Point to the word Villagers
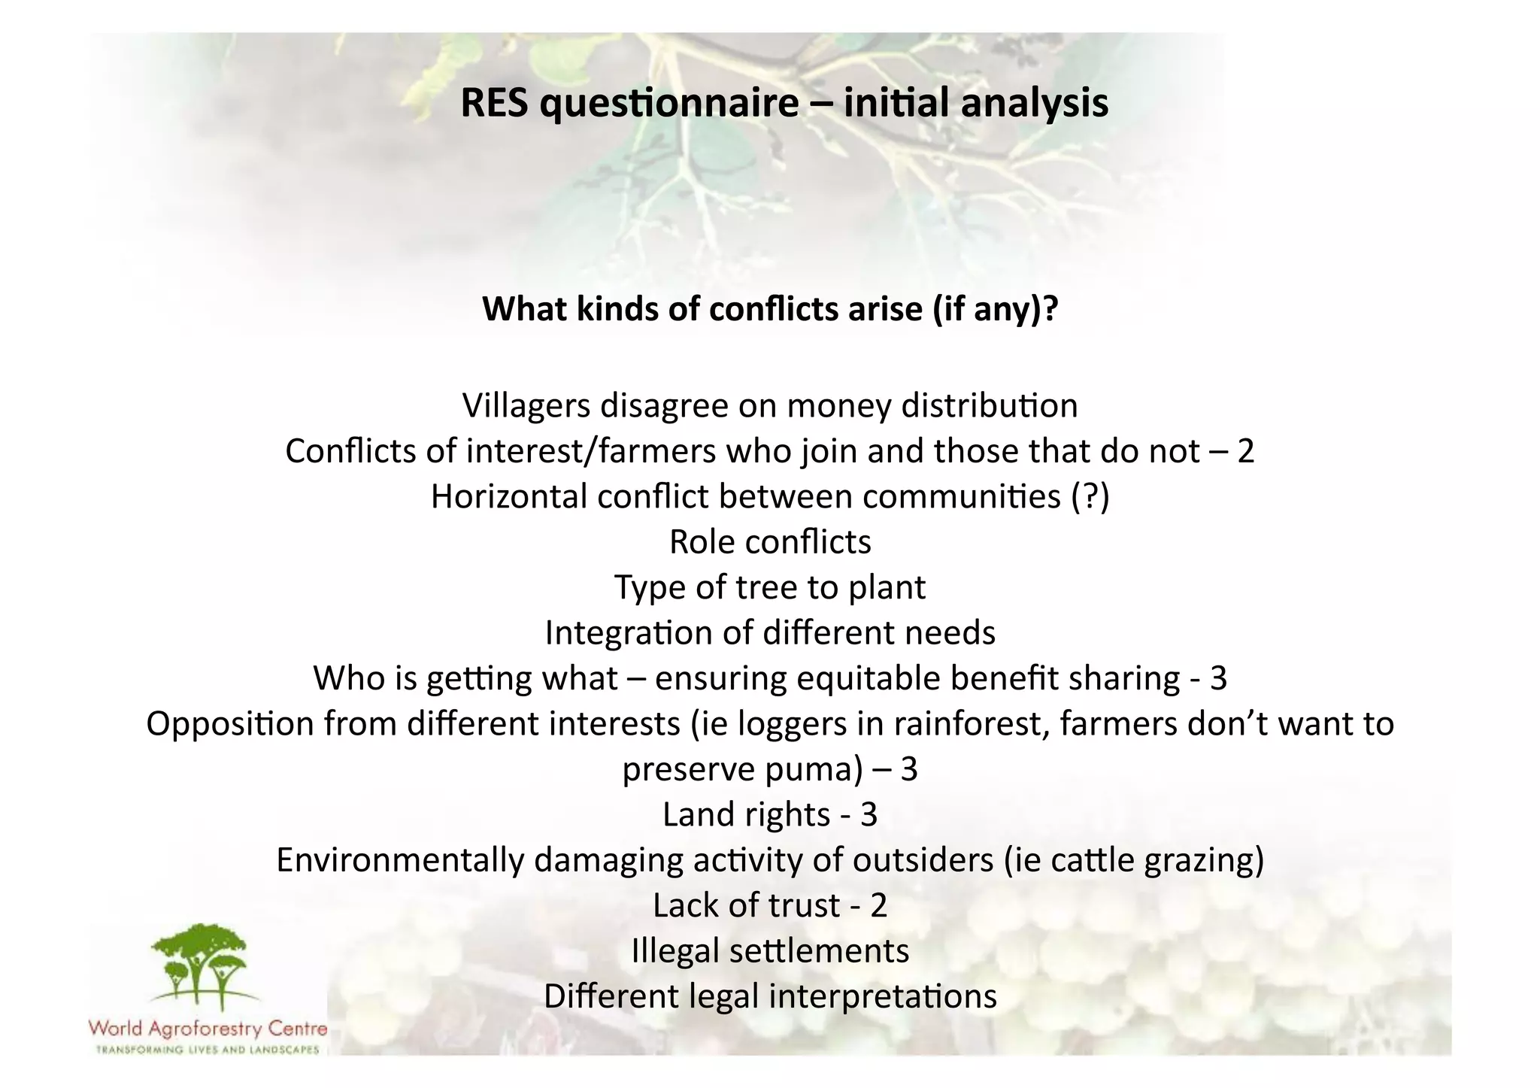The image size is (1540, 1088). click(526, 407)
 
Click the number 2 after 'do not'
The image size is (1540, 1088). click(1245, 452)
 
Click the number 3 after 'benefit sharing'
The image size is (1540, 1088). click(1218, 679)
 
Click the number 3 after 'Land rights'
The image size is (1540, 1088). click(869, 815)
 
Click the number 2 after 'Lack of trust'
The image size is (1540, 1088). click(878, 906)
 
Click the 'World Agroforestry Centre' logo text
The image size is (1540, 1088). click(208, 1028)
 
